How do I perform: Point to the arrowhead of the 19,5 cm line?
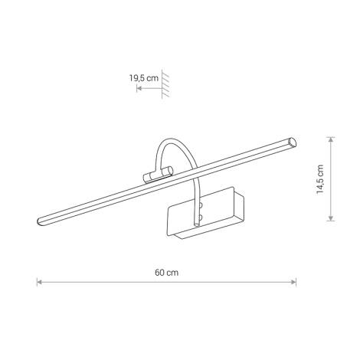pyautogui.click(x=139, y=89)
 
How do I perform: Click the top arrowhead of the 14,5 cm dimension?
pyautogui.click(x=330, y=139)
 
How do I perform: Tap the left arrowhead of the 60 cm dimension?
pyautogui.click(x=40, y=283)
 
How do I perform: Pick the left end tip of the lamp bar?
pyautogui.click(x=38, y=224)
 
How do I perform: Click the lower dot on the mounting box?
pyautogui.click(x=201, y=218)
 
